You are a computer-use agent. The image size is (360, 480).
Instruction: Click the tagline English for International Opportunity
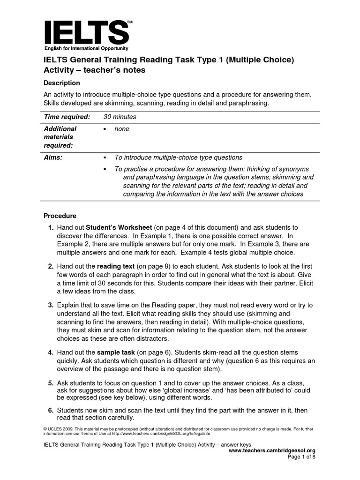point(86,49)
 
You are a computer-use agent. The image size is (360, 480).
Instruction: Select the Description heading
point(62,83)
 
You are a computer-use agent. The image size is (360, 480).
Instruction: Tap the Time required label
point(67,117)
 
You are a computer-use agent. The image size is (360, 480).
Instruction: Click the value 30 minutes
point(120,117)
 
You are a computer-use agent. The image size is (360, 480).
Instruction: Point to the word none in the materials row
point(121,129)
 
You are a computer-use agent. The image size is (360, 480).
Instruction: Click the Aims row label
point(53,157)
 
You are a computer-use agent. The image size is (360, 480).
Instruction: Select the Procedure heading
point(60,216)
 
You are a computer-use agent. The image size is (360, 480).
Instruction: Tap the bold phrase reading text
point(115,266)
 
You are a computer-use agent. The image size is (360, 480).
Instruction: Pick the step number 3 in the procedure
point(51,305)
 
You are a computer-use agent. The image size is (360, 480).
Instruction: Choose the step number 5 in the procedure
point(51,383)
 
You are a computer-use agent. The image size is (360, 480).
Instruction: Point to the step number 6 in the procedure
point(51,410)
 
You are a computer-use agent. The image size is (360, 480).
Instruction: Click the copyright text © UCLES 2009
point(60,429)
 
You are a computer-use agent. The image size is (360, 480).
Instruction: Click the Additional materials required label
point(60,137)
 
